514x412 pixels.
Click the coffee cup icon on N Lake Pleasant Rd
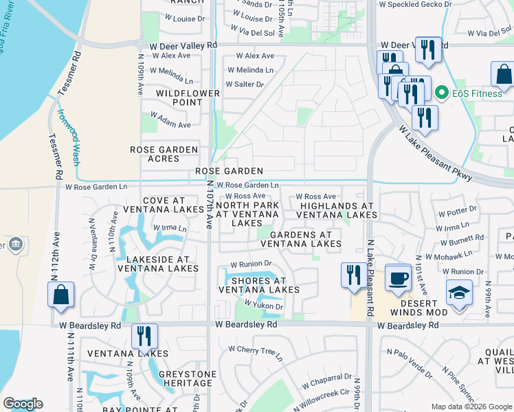398,277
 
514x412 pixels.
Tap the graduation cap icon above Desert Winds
459,293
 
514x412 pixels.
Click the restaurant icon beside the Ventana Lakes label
144,336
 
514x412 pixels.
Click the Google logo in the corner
23,404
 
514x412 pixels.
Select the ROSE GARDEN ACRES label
164,154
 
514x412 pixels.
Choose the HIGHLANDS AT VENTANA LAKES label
337,210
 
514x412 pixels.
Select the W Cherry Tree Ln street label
255,352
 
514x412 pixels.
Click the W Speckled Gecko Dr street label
420,4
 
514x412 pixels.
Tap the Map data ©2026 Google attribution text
471,407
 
